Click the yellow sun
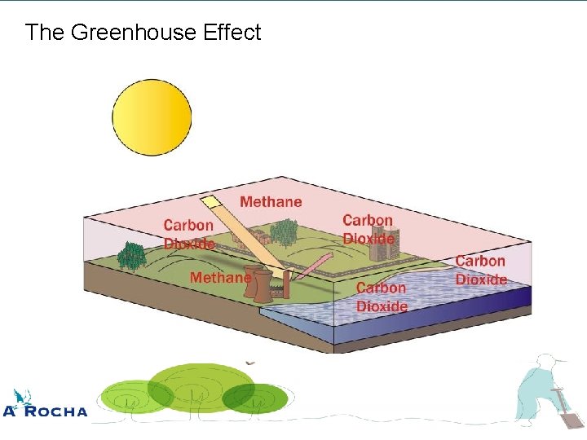152,117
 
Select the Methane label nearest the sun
271,201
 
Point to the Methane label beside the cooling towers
220,278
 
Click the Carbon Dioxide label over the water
382,297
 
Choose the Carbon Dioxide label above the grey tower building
368,229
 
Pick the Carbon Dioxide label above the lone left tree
188,234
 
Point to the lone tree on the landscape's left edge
131,257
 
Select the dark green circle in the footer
255,398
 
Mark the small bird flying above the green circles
250,363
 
